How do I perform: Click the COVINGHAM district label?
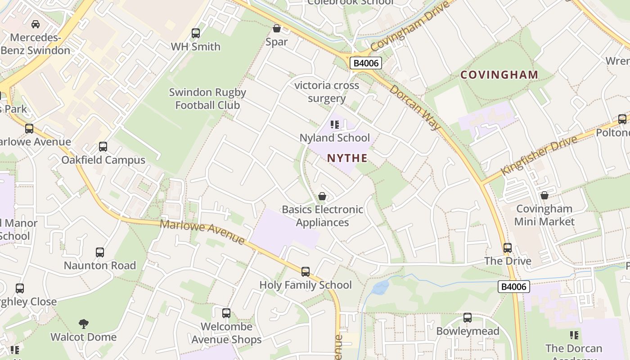click(x=499, y=75)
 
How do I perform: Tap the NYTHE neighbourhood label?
click(x=347, y=158)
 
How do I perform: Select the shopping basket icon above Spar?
click(x=277, y=29)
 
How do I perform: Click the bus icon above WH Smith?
click(x=196, y=33)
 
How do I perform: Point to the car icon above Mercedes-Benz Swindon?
click(x=36, y=24)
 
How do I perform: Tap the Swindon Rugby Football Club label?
click(x=207, y=99)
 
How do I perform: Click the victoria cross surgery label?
click(x=327, y=92)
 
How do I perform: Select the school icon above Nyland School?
click(x=334, y=125)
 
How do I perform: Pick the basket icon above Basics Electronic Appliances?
click(x=322, y=196)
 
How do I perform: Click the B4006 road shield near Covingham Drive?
click(x=366, y=63)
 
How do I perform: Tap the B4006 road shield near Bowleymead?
click(x=514, y=287)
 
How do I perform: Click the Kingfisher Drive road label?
click(x=539, y=156)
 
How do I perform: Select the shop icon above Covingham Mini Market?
click(x=544, y=195)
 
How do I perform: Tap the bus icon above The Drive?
click(x=508, y=248)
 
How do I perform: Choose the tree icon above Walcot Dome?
click(x=83, y=324)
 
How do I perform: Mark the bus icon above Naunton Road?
click(x=100, y=252)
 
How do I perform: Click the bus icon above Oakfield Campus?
click(x=103, y=147)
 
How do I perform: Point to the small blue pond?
click(x=381, y=287)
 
